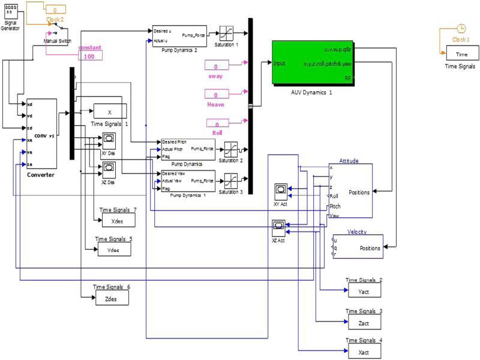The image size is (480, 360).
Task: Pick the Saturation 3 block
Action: click(231, 179)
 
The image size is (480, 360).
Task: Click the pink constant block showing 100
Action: click(89, 55)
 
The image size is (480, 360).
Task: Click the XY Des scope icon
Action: click(109, 140)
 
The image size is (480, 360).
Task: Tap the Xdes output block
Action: click(116, 221)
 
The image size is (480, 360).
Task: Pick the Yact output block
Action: click(364, 290)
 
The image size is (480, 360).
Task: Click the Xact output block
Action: click(364, 350)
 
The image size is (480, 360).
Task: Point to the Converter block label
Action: click(41, 175)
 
